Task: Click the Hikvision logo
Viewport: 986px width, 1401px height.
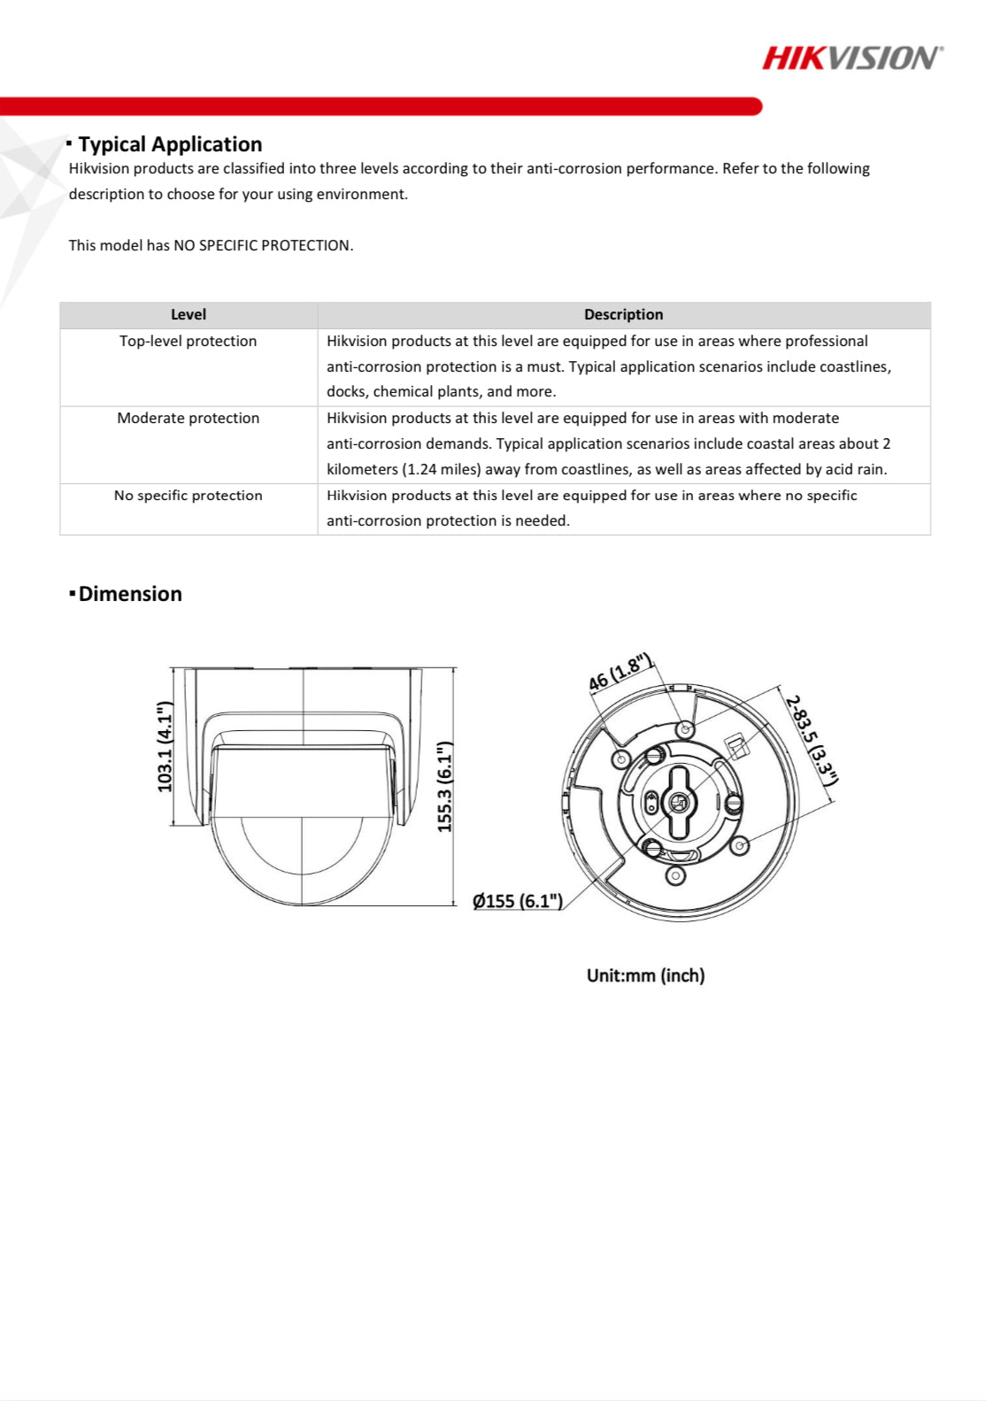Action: coord(852,58)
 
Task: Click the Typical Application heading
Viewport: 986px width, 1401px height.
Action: coord(170,144)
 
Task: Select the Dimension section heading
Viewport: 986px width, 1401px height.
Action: coord(129,594)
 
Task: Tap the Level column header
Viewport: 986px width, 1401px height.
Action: coord(188,314)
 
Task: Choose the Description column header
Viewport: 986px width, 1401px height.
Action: coord(623,314)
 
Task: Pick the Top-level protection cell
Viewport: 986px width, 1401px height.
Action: coord(188,341)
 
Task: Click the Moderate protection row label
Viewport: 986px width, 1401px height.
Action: coord(188,418)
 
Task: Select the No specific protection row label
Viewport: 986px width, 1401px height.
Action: coord(188,496)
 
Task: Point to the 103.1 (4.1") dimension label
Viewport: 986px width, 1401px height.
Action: coord(165,746)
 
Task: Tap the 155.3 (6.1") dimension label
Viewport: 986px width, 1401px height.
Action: coord(444,786)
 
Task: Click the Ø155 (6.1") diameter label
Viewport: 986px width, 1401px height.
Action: coord(518,901)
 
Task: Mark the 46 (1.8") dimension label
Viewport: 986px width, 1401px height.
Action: coord(620,673)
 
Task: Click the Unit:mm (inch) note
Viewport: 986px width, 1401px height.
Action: coord(645,975)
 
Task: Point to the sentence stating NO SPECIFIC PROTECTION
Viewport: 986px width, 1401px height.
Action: coord(211,245)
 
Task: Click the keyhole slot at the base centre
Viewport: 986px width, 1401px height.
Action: coord(679,802)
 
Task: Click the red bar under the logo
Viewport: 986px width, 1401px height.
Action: coord(381,106)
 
